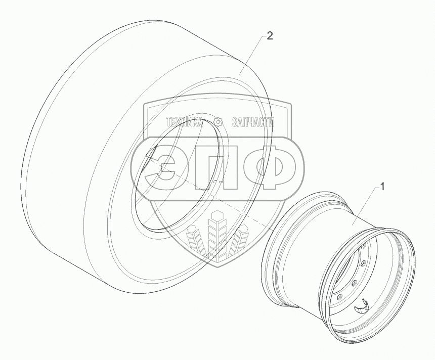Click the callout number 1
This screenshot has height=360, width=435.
[x=382, y=187]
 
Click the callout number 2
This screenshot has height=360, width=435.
[x=270, y=36]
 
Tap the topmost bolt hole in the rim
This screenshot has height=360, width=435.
[x=363, y=247]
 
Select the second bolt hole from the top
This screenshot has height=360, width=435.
[x=362, y=262]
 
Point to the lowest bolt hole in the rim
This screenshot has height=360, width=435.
[x=338, y=297]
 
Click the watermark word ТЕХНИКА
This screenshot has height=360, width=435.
[x=185, y=122]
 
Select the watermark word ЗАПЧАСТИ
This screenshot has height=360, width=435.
[x=252, y=122]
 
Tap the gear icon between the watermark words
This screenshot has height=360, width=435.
[x=218, y=122]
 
